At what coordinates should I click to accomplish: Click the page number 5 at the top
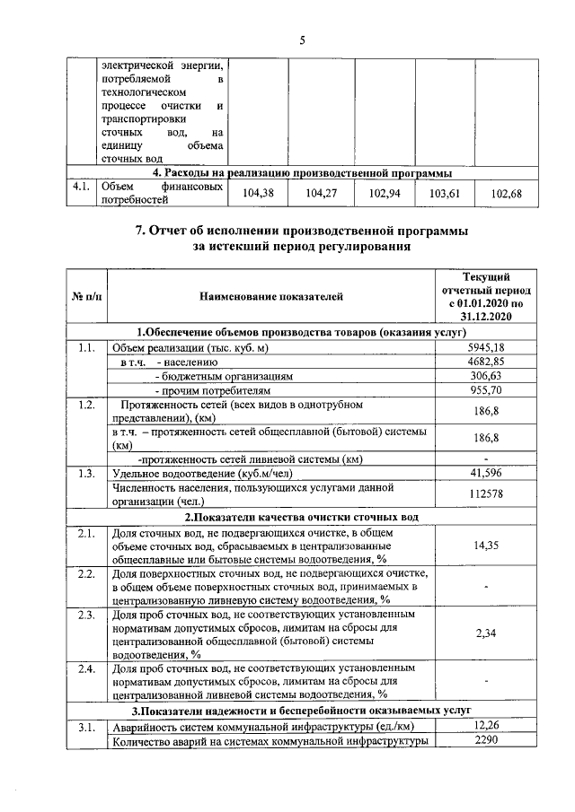pos(302,39)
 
